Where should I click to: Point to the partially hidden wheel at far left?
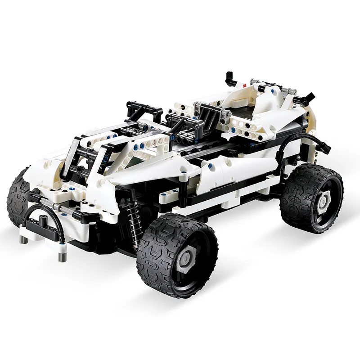coord(17,198)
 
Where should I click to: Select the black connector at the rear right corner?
coord(309,96)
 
